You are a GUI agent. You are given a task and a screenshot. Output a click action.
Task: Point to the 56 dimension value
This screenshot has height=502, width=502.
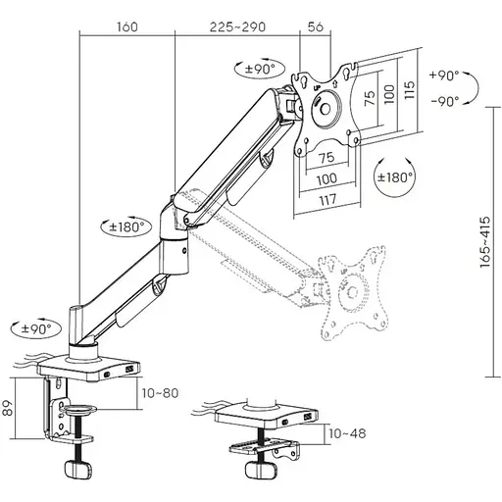point(316,27)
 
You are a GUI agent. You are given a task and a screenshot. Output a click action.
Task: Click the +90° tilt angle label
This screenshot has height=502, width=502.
point(444,75)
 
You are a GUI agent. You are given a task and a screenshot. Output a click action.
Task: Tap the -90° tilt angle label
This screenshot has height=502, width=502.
point(444,100)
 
